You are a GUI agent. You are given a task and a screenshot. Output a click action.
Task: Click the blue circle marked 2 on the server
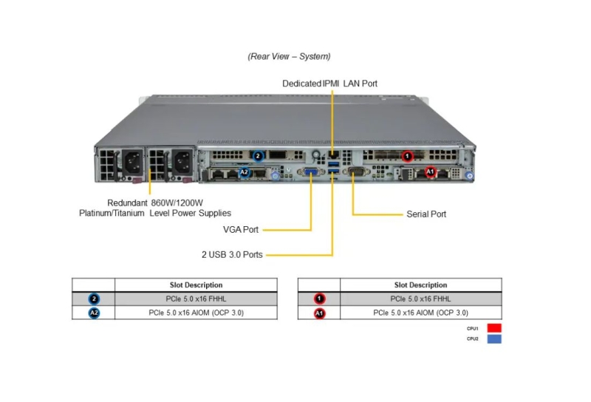[x=258, y=156]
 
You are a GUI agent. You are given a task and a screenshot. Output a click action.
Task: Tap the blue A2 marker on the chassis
[x=245, y=172]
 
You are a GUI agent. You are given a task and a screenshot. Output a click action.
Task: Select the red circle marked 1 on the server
[x=407, y=156]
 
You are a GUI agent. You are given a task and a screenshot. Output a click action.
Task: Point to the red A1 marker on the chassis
[x=430, y=172]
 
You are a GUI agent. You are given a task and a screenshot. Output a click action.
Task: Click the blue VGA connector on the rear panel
[x=311, y=172]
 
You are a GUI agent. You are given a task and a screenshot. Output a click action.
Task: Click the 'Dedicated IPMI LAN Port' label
[x=329, y=84]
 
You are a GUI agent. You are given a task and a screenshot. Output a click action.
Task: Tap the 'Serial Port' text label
[x=426, y=214]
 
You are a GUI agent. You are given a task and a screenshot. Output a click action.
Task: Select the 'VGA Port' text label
[x=241, y=229]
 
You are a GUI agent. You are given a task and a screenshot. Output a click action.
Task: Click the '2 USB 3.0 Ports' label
[x=232, y=254]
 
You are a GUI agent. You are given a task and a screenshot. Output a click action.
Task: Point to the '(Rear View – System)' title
[x=289, y=57]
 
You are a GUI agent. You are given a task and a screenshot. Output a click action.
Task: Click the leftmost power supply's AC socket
[x=133, y=163]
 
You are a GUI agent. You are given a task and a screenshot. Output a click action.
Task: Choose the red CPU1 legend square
[x=494, y=328]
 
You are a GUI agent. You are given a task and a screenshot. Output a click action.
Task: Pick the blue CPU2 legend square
[x=494, y=338]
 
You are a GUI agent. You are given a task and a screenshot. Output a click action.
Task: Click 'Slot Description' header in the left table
[x=196, y=285]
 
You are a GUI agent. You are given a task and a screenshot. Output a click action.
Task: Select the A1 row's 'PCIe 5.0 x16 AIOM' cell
[x=420, y=313]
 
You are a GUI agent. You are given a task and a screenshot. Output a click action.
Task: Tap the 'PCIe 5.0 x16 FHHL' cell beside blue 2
[x=196, y=299]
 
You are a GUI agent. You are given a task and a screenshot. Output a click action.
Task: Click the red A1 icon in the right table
[x=319, y=313]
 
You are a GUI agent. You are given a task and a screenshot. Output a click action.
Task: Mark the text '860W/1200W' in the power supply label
[x=177, y=203]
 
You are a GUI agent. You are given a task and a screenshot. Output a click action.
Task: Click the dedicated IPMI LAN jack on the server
[x=333, y=154]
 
